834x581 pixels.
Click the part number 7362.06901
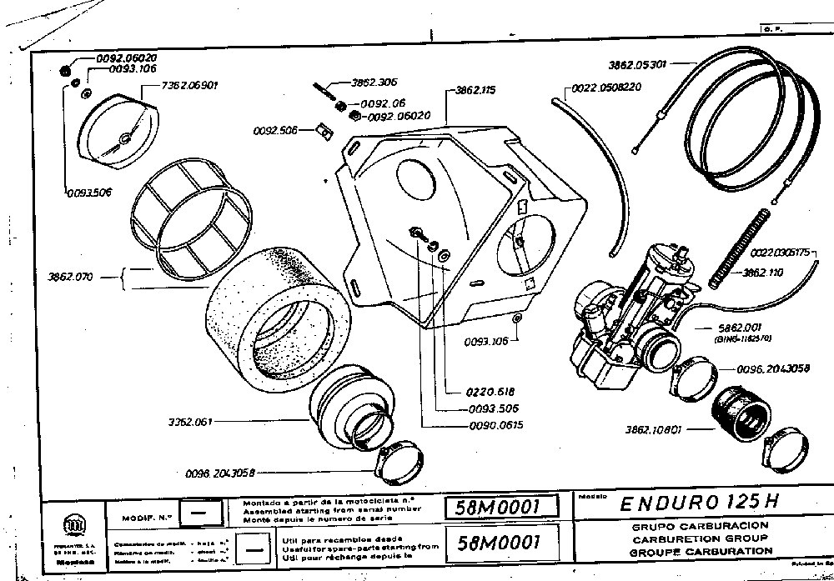click(190, 85)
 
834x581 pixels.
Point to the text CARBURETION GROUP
click(701, 538)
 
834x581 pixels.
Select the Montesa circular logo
click(68, 524)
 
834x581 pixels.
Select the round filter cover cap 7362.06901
click(117, 125)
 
